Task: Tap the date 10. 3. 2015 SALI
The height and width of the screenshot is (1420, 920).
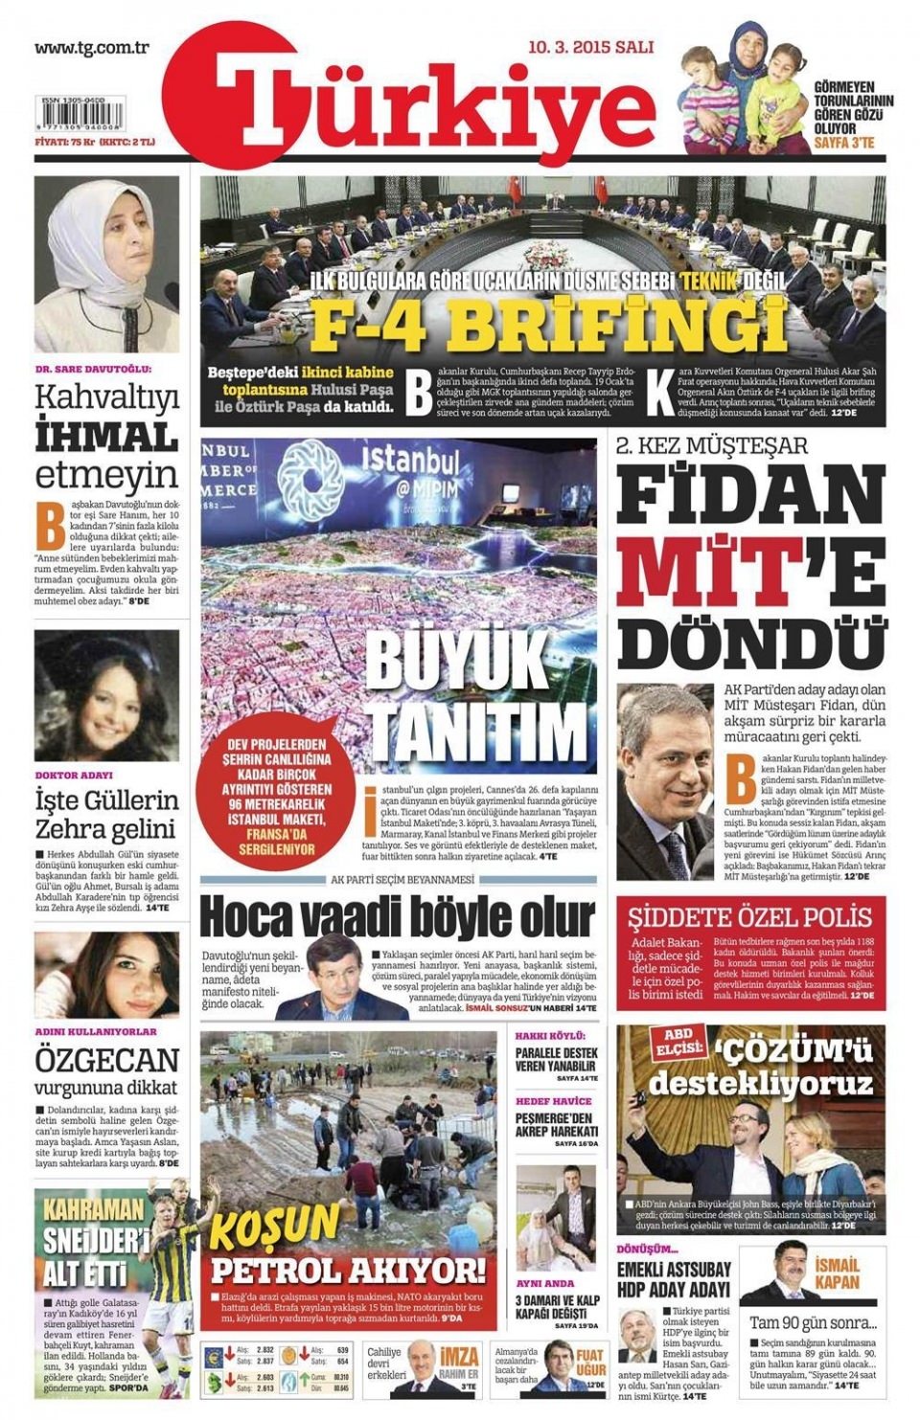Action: pyautogui.click(x=590, y=46)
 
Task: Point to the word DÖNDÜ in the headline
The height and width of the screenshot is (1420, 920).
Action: pyautogui.click(x=749, y=640)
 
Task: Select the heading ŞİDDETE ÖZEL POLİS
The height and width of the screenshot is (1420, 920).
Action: pyautogui.click(x=749, y=916)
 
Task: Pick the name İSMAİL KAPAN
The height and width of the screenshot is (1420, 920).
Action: pyautogui.click(x=837, y=1274)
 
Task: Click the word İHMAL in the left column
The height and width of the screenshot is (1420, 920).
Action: pyautogui.click(x=106, y=438)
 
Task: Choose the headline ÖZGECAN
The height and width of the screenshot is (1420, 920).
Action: pyautogui.click(x=106, y=1060)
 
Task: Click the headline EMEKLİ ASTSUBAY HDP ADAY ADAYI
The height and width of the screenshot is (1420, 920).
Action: pyautogui.click(x=673, y=1279)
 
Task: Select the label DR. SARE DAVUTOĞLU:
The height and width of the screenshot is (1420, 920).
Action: pyautogui.click(x=93, y=369)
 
